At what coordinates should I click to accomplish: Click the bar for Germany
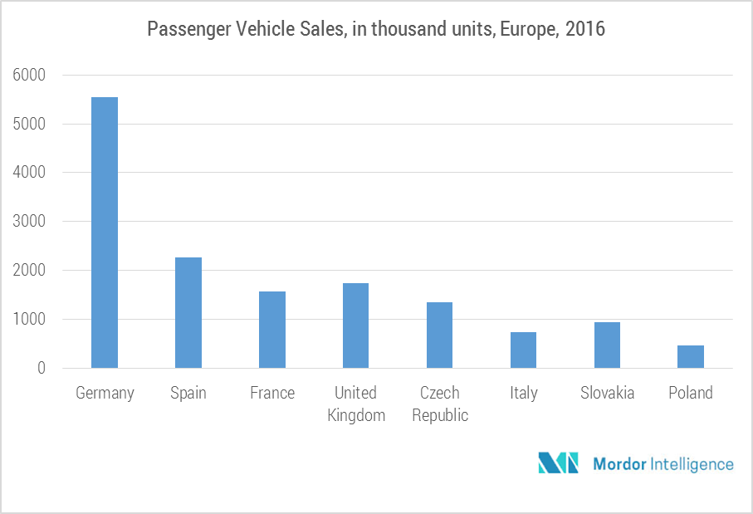(105, 233)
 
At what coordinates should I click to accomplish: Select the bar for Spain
(188, 312)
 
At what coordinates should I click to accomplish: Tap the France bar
(272, 330)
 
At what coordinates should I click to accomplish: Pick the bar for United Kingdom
(356, 326)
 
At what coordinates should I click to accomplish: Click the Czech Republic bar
(440, 335)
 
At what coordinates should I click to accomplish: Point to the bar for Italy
(524, 350)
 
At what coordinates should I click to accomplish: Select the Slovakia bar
(607, 345)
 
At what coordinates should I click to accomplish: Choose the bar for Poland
(691, 356)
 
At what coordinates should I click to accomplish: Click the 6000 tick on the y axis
(29, 76)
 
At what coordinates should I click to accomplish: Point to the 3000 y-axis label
(29, 222)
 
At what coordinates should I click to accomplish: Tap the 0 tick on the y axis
(41, 368)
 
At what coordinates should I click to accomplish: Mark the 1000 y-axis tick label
(29, 320)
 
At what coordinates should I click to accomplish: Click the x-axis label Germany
(105, 393)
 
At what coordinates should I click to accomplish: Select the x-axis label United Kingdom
(356, 404)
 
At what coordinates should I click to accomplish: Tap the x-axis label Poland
(691, 393)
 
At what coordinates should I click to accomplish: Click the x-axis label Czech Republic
(440, 404)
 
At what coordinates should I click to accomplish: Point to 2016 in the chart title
(585, 30)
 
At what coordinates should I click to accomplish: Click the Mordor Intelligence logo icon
(558, 463)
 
